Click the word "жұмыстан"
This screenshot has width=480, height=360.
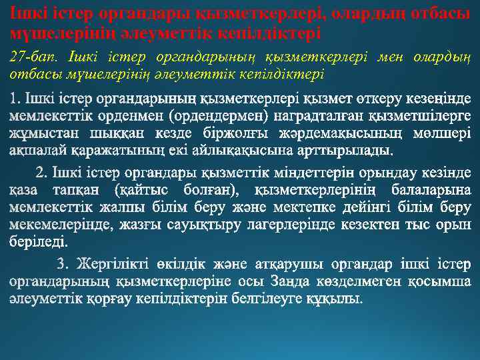pyautogui.click(x=39, y=132)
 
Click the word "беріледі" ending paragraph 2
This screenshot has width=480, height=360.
pyautogui.click(x=37, y=241)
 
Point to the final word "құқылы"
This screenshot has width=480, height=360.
pyautogui.click(x=335, y=297)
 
